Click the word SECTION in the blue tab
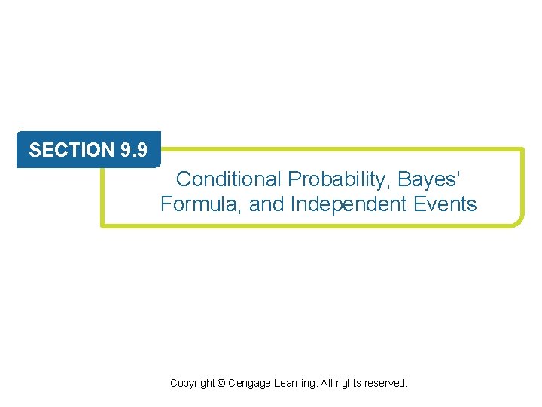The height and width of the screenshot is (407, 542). point(72,150)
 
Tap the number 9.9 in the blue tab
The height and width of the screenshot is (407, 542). point(133,150)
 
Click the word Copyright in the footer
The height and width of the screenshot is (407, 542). point(192,384)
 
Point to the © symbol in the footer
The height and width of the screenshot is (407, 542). point(221,384)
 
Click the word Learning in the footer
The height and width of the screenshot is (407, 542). point(297,384)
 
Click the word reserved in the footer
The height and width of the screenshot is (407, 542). point(386,384)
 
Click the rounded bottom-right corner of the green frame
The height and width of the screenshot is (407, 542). point(519,221)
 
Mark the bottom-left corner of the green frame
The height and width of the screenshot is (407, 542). point(104,224)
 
